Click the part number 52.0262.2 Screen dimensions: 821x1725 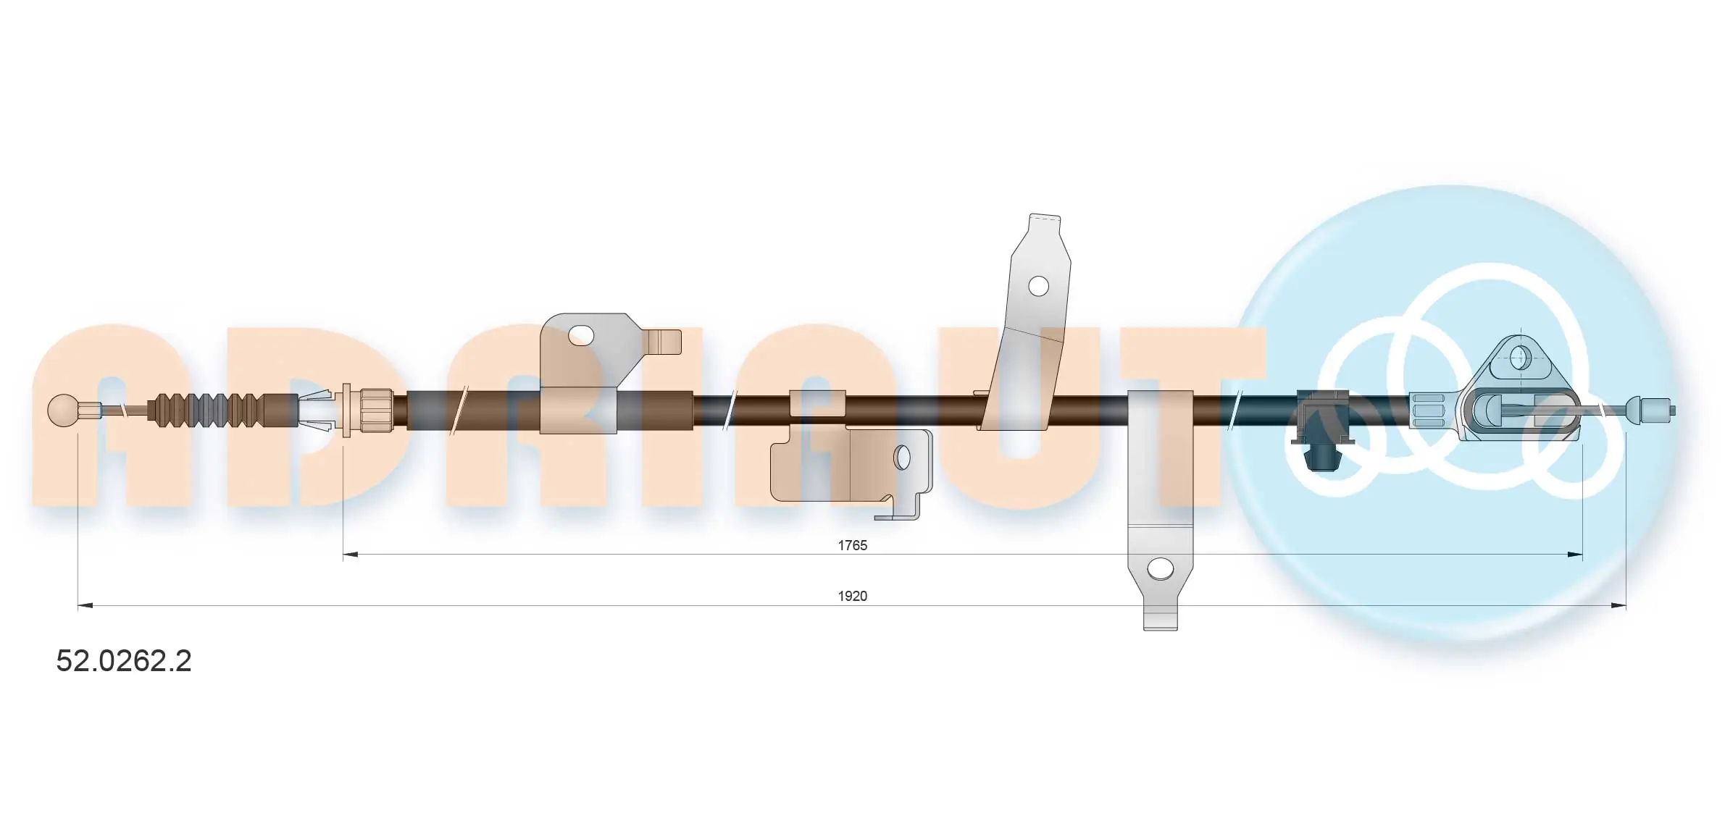124,661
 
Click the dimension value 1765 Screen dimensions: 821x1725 852,545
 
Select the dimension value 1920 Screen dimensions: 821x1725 852,596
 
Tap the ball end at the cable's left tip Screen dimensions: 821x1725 63,410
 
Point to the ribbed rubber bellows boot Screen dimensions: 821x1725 206,410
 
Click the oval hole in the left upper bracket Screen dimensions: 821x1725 581,335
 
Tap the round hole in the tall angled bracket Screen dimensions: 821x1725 1038,286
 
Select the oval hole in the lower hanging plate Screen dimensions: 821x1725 902,457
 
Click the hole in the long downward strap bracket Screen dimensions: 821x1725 1161,568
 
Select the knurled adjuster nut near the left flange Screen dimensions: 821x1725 376,410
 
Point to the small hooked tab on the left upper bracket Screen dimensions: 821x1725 665,342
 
